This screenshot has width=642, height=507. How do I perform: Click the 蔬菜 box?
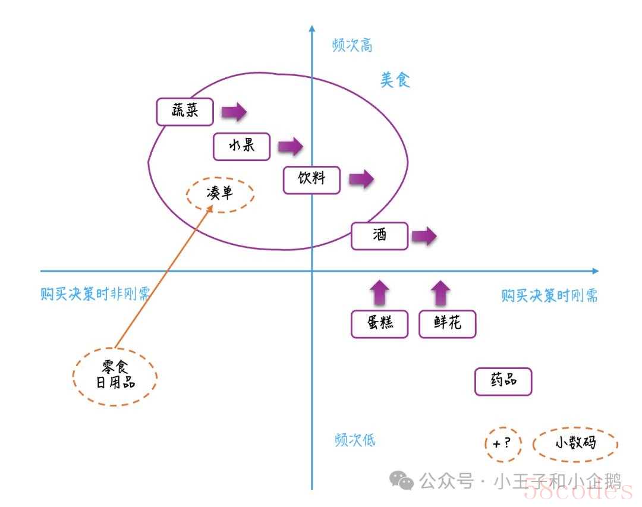(185, 111)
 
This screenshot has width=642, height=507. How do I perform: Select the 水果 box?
(241, 146)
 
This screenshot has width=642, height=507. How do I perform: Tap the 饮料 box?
(311, 180)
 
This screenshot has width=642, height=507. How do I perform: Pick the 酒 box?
(379, 235)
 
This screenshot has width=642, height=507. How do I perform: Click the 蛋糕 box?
(379, 324)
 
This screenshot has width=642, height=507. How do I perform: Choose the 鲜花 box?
(448, 324)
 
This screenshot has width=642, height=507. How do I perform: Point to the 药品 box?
(503, 381)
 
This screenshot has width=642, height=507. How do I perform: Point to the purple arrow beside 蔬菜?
(234, 111)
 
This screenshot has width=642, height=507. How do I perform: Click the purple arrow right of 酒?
(424, 236)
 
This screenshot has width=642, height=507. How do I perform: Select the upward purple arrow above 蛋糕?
(379, 292)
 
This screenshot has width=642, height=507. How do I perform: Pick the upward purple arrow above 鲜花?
(440, 293)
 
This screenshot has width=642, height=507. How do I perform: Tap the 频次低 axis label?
(354, 440)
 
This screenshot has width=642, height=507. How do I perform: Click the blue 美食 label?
(395, 80)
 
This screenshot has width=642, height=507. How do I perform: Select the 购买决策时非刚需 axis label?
(95, 294)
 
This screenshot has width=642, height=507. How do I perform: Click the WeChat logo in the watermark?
(401, 480)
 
